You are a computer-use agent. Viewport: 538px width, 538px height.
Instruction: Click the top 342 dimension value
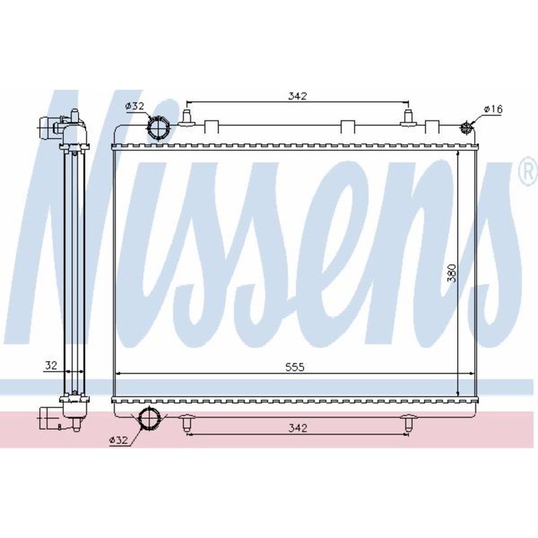(298, 96)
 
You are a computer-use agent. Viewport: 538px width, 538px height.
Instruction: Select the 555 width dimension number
(296, 367)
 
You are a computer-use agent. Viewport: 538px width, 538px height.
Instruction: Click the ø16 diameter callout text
(493, 110)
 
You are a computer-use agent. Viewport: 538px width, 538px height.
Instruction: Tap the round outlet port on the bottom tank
(151, 420)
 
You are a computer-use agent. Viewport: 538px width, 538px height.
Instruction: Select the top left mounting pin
(185, 117)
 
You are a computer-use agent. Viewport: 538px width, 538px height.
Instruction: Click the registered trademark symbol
(529, 168)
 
